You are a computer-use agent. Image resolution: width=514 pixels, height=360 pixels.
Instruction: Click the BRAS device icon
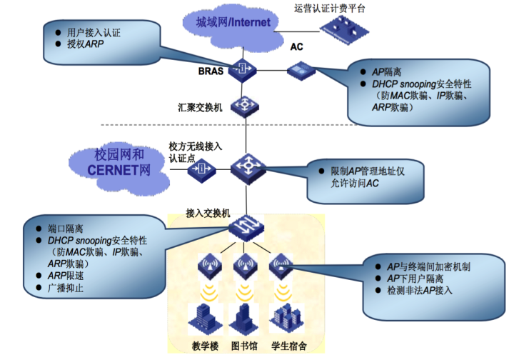pyautogui.click(x=242, y=70)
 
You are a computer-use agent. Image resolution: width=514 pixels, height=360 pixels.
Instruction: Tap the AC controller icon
pyautogui.click(x=301, y=71)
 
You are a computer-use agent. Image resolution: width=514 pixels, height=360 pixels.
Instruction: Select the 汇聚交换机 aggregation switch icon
pyautogui.click(x=245, y=106)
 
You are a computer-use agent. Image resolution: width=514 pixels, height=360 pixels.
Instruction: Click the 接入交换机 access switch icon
pyautogui.click(x=246, y=228)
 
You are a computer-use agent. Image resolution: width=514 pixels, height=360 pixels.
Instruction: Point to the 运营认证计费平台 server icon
pyautogui.click(x=344, y=30)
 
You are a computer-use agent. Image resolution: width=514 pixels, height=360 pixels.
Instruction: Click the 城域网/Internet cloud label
pyautogui.click(x=233, y=22)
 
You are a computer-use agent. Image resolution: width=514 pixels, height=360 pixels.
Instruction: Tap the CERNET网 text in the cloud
pyautogui.click(x=119, y=170)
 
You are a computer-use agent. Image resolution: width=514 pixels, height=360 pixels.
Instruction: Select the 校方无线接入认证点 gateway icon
pyautogui.click(x=201, y=169)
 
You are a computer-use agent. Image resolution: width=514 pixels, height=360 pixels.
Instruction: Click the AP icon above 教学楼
pyautogui.click(x=209, y=266)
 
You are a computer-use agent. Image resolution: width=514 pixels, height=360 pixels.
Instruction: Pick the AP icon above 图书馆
pyautogui.click(x=245, y=266)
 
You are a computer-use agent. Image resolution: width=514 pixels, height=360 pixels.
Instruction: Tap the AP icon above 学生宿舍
pyautogui.click(x=281, y=266)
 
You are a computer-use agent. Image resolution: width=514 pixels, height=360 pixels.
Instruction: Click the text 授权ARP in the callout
pyautogui.click(x=85, y=44)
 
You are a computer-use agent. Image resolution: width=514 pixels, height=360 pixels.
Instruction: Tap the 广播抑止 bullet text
pyautogui.click(x=66, y=288)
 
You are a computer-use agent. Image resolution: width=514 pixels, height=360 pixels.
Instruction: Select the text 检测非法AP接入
pyautogui.click(x=420, y=291)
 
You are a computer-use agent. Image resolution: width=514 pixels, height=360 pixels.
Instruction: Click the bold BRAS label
pyautogui.click(x=211, y=71)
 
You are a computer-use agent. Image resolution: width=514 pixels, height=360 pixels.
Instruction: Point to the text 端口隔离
pyautogui.click(x=66, y=229)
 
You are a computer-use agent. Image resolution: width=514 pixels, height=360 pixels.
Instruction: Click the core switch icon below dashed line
pyautogui.click(x=248, y=169)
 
